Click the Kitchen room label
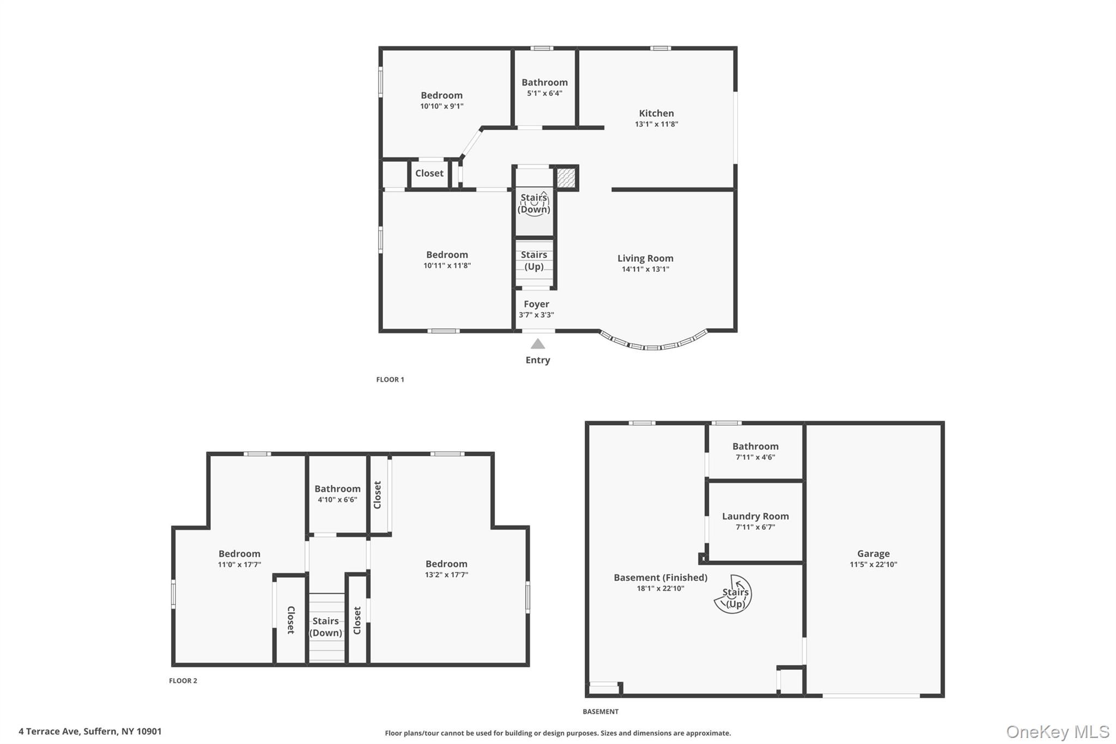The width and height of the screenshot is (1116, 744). (x=656, y=113)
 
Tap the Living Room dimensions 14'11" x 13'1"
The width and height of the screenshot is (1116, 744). (x=645, y=269)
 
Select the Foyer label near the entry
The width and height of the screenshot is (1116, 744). (x=536, y=304)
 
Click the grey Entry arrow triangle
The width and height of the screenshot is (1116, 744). (x=538, y=344)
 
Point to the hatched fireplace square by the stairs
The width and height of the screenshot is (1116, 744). (x=566, y=178)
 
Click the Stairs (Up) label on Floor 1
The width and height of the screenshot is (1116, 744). (x=533, y=261)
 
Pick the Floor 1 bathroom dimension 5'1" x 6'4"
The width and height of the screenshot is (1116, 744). (x=544, y=93)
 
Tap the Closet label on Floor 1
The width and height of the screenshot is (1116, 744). (x=429, y=173)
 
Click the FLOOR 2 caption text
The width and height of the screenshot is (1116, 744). (x=183, y=681)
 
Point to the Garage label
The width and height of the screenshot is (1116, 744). (x=873, y=553)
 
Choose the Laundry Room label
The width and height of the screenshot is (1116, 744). (x=755, y=516)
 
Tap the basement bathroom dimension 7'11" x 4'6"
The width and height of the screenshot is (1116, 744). (x=755, y=457)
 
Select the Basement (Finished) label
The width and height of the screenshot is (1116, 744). (x=660, y=578)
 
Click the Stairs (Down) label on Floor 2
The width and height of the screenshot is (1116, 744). (x=326, y=627)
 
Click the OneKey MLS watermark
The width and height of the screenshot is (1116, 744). (x=1057, y=731)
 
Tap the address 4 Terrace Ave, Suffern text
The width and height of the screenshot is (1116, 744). (x=90, y=731)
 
